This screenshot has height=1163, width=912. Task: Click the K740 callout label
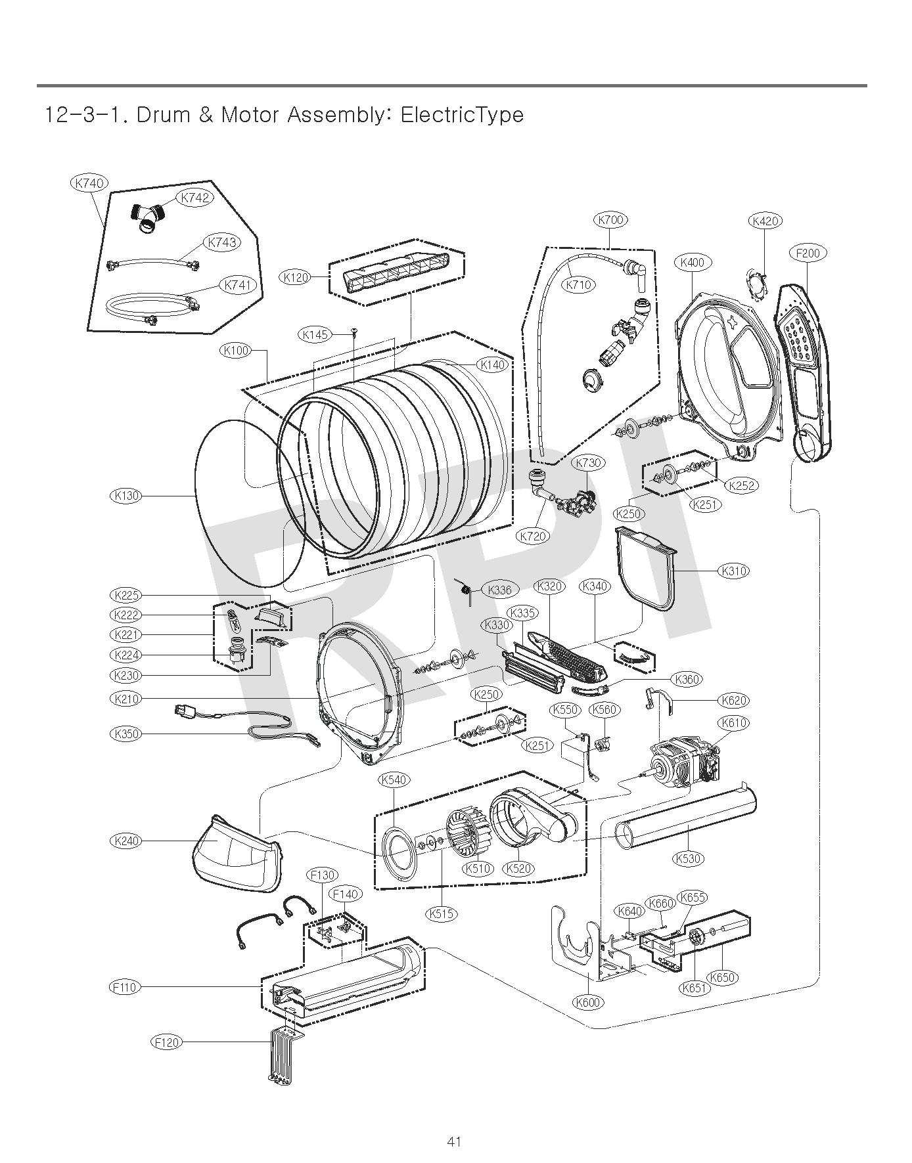(x=89, y=183)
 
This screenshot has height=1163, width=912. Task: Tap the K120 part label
(x=296, y=277)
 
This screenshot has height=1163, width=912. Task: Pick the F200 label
(x=808, y=253)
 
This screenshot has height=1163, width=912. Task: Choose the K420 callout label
(x=765, y=221)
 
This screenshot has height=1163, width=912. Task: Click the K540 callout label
(x=394, y=779)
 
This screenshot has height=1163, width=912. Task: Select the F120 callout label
(x=167, y=1042)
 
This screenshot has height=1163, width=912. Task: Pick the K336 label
(x=501, y=590)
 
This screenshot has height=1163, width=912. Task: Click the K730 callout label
(x=589, y=462)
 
